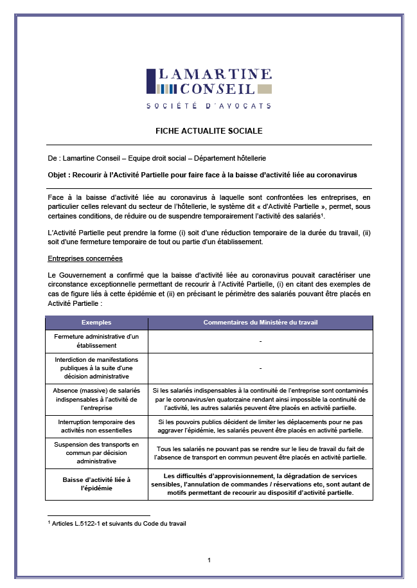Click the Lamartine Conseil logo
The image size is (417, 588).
(209, 82)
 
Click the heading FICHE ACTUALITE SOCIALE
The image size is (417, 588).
(209, 131)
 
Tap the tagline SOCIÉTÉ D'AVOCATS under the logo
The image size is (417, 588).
(209, 106)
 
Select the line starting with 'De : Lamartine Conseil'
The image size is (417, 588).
(157, 158)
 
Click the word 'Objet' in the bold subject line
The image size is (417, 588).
(58, 175)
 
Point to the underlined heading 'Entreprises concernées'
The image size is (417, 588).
(85, 258)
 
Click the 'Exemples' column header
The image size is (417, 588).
(96, 322)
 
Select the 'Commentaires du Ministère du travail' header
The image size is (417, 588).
(260, 322)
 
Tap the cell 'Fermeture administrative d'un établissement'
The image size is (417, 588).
(96, 341)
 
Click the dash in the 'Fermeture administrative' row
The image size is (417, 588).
(260, 341)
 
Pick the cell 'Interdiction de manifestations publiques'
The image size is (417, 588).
(96, 368)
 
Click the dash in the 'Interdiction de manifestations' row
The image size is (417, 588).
(260, 368)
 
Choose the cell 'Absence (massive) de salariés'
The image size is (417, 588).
(96, 398)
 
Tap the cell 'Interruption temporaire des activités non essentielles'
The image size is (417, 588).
(96, 426)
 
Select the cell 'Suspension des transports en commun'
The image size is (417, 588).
(96, 452)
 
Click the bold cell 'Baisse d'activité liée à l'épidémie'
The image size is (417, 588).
(96, 484)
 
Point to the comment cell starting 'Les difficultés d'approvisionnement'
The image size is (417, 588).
(260, 484)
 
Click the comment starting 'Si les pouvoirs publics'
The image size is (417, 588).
(260, 426)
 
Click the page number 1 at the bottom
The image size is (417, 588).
(209, 560)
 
